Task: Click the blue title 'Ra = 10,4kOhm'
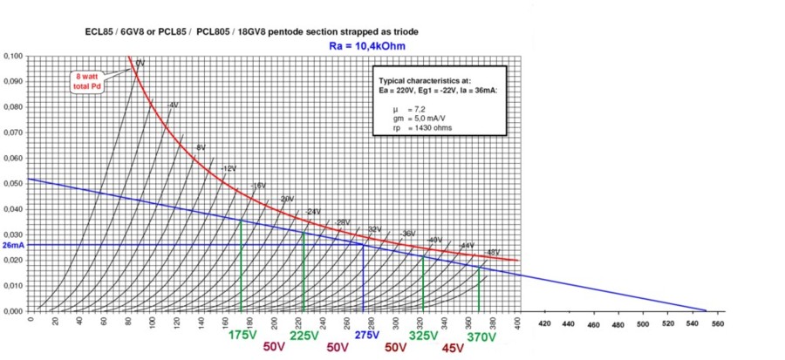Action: pyautogui.click(x=368, y=45)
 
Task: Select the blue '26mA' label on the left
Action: pyautogui.click(x=12, y=245)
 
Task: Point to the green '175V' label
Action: pyautogui.click(x=243, y=333)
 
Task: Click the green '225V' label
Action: pyautogui.click(x=304, y=333)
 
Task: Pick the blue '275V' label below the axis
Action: pyautogui.click(x=367, y=333)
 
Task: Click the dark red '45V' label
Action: pyautogui.click(x=453, y=348)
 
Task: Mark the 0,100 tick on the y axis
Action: pyautogui.click(x=13, y=56)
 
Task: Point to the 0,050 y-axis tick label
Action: pyautogui.click(x=13, y=183)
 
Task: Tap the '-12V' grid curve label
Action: pyautogui.click(x=229, y=167)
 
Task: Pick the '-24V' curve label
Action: pyautogui.click(x=312, y=212)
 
